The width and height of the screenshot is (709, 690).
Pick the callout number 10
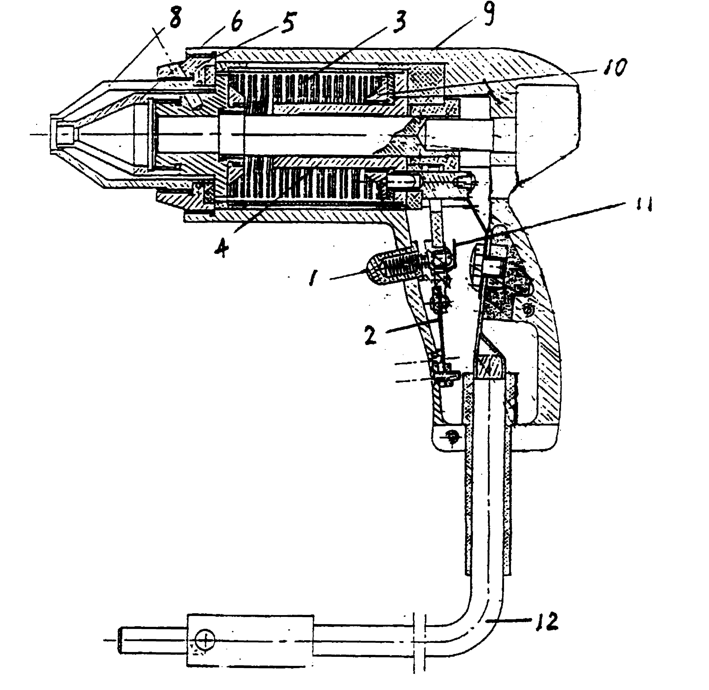pos(615,67)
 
